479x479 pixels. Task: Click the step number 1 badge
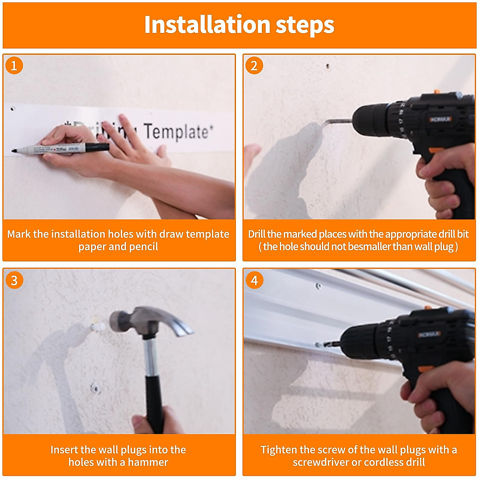(x=14, y=65)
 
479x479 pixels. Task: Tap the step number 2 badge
(x=254, y=65)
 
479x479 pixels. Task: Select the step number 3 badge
(x=14, y=280)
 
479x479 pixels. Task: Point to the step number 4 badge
(x=254, y=280)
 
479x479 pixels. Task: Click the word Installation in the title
(x=207, y=25)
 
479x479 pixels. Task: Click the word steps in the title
(x=305, y=26)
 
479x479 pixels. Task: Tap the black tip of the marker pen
(x=14, y=150)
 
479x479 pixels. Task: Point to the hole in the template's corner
(x=12, y=109)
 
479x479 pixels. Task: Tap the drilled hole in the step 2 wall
(x=328, y=66)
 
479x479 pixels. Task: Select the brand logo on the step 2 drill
(x=440, y=119)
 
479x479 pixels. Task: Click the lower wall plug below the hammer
(x=95, y=388)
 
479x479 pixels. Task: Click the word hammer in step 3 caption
(x=148, y=463)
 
